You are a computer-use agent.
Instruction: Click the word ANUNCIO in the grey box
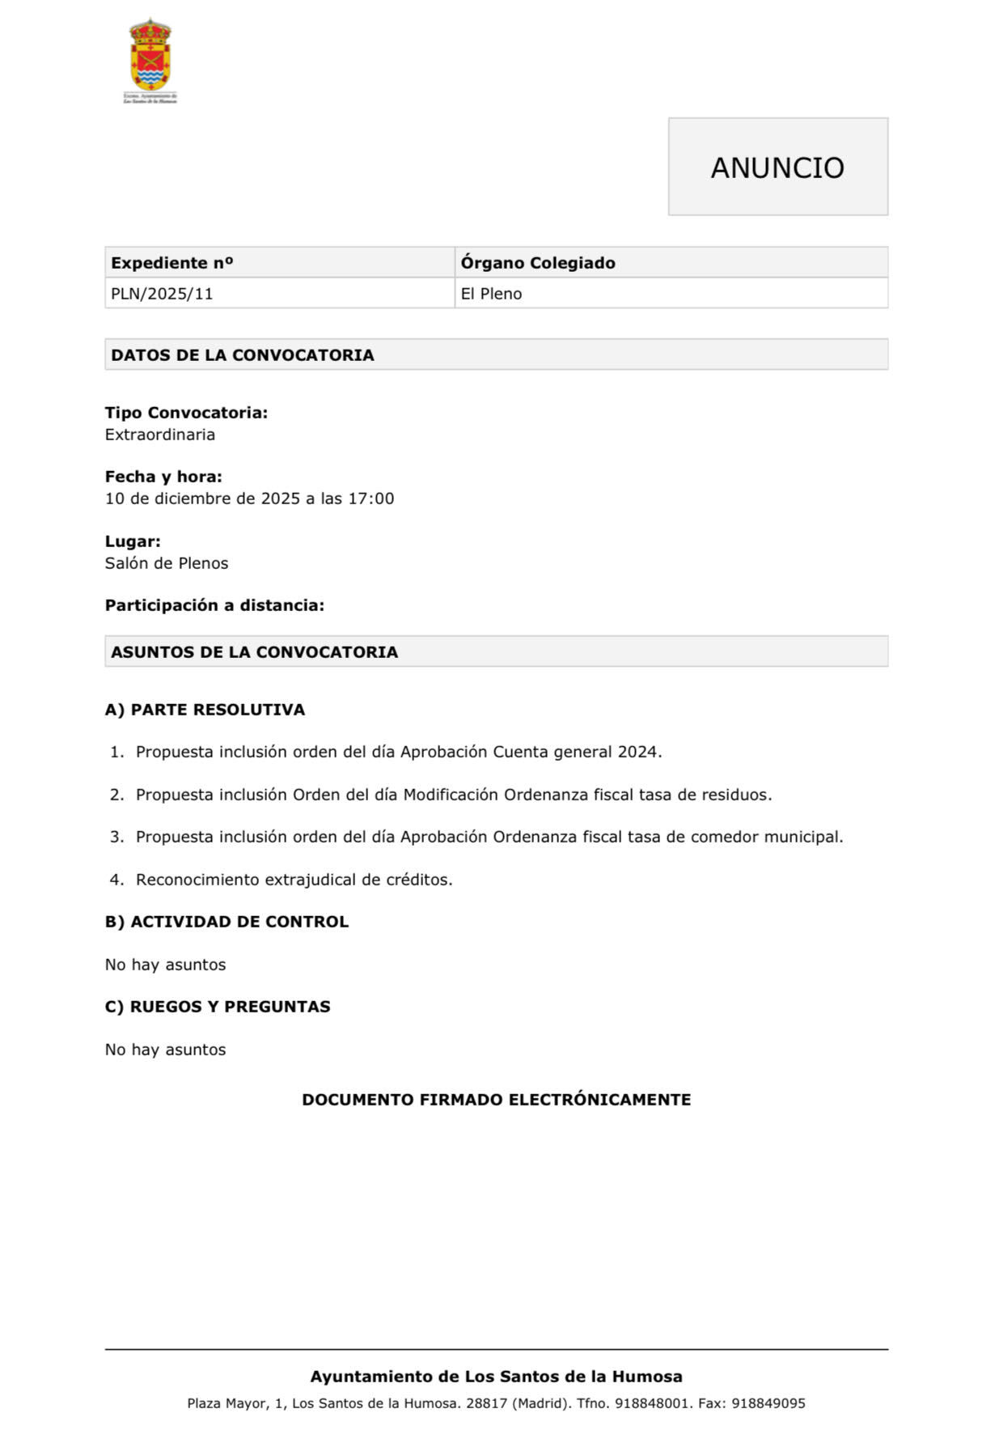[x=777, y=168]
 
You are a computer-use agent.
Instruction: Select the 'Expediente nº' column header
[x=172, y=263]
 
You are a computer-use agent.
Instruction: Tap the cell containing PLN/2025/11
[x=163, y=294]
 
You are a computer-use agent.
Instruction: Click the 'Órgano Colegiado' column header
[x=538, y=263]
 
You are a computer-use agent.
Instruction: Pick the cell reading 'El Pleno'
[x=492, y=294]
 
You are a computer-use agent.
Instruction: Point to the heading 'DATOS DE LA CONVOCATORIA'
[x=243, y=355]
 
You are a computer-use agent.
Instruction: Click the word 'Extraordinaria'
[x=160, y=435]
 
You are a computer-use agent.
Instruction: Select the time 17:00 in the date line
[x=371, y=499]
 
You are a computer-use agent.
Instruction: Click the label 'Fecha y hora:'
[x=163, y=477]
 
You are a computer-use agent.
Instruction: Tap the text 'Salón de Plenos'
[x=167, y=563]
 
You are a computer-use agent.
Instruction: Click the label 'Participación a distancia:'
[x=214, y=605]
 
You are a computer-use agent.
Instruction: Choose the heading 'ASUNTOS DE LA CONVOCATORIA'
[x=255, y=652]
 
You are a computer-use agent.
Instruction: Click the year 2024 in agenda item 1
[x=637, y=752]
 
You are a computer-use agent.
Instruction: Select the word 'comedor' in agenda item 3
[x=720, y=837]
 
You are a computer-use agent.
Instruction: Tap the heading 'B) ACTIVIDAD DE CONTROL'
[x=227, y=922]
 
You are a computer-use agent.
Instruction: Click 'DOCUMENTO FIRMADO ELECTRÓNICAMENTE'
[x=497, y=1100]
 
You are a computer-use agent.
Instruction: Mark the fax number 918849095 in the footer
[x=768, y=1403]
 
